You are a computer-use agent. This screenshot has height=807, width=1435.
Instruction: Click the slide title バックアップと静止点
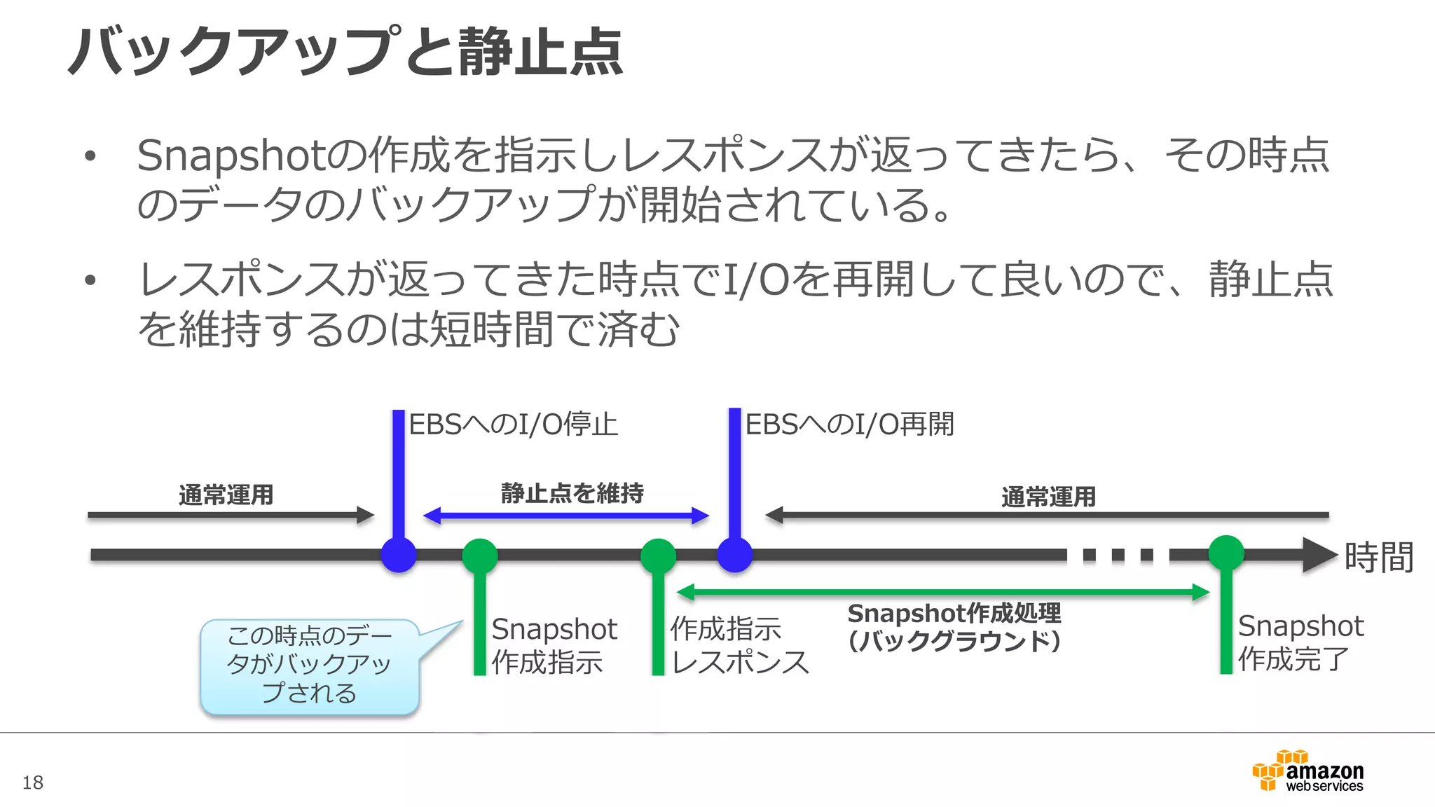(x=345, y=52)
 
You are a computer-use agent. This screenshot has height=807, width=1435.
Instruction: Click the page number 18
(x=32, y=782)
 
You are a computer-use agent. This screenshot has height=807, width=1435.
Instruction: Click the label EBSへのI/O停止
(x=513, y=425)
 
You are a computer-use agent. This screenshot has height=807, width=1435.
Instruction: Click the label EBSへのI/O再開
(x=849, y=425)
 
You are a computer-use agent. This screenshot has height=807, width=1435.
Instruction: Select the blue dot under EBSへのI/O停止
(x=399, y=556)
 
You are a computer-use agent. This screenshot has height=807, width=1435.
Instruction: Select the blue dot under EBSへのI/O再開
(x=735, y=556)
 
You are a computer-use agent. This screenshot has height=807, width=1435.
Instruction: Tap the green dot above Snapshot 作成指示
(x=480, y=556)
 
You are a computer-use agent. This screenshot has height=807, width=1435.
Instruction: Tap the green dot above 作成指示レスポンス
(x=658, y=556)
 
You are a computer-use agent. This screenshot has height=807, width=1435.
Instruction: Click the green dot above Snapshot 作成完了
(x=1226, y=553)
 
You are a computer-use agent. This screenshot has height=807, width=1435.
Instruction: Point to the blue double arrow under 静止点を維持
(x=566, y=516)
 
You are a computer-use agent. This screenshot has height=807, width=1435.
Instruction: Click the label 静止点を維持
(x=572, y=493)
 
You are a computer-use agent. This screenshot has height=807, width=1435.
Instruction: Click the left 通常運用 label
(x=226, y=495)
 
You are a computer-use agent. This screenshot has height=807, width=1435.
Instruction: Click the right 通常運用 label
(x=1048, y=497)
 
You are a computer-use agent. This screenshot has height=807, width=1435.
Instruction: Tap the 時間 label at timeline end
(x=1378, y=558)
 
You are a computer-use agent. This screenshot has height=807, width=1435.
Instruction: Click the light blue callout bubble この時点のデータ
(x=309, y=665)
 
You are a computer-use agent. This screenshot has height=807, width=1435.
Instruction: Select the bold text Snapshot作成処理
(x=954, y=614)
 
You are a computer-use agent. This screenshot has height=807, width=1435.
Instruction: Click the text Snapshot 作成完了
(x=1300, y=642)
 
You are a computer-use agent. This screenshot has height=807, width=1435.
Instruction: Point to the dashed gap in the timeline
(x=1118, y=556)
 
